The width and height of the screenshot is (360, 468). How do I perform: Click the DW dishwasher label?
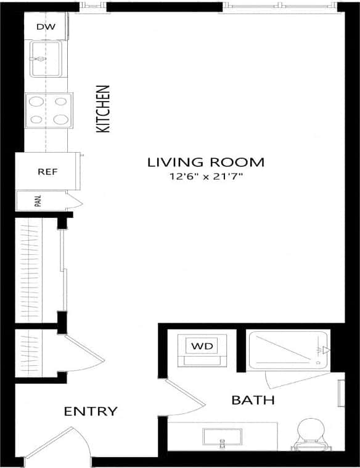click(45, 26)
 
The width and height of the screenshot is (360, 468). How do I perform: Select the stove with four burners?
click(48, 111)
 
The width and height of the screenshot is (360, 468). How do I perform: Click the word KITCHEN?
click(103, 109)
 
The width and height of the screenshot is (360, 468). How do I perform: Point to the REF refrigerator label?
click(47, 172)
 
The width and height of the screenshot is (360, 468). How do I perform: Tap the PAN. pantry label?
click(38, 201)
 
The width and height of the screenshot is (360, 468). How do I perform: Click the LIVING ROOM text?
click(205, 163)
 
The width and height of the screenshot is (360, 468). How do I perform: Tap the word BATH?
click(253, 401)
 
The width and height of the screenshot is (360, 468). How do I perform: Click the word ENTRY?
click(91, 411)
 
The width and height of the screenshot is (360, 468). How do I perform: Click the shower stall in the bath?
click(287, 350)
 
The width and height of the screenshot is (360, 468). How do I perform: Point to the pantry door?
click(75, 201)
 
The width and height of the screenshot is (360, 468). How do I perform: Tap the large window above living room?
click(280, 6)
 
